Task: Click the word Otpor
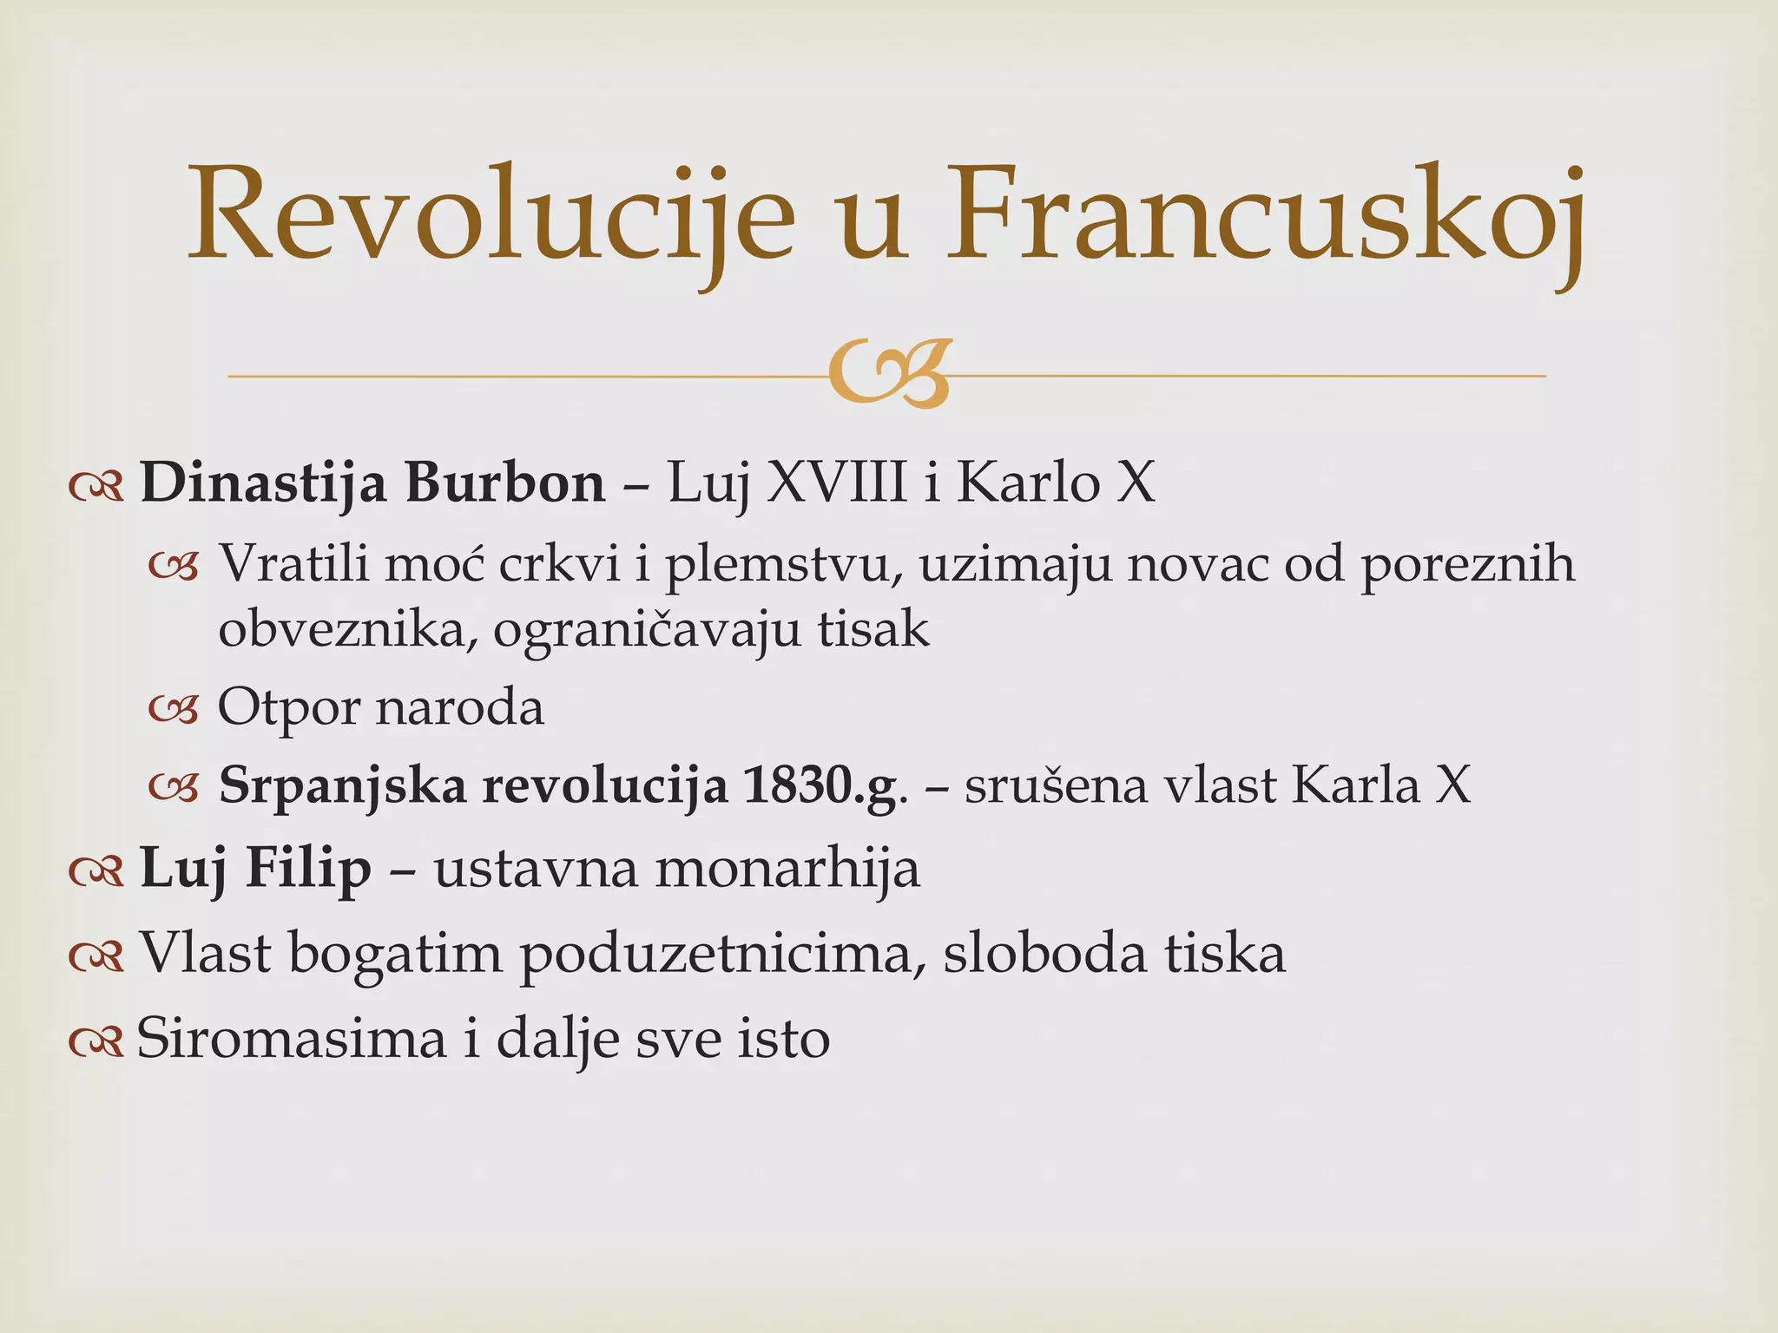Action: (x=288, y=708)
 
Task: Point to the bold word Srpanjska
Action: (x=342, y=786)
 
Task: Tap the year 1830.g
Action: (x=820, y=786)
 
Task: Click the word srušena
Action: (x=1056, y=786)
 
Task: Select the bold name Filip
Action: (x=308, y=868)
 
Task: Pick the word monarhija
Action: (x=787, y=868)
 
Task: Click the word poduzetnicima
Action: (x=721, y=955)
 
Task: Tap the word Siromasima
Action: (x=291, y=1038)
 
